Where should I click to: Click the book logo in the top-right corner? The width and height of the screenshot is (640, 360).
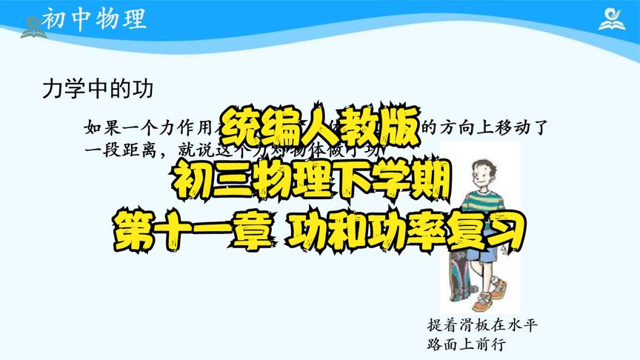pos(613,19)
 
